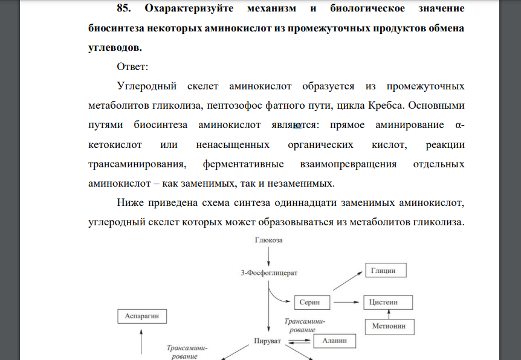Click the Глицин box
point(384,271)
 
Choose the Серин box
point(314,301)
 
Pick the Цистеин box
point(388,301)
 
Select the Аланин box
point(335,341)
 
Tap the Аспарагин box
point(141,316)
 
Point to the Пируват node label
point(267,341)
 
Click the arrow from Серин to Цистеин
point(348,301)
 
